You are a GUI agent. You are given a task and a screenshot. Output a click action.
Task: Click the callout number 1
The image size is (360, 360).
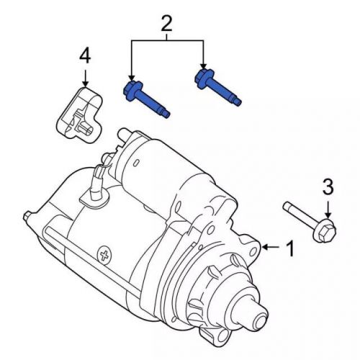tap(290, 249)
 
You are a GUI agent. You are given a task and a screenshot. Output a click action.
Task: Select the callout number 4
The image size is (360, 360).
tap(85, 55)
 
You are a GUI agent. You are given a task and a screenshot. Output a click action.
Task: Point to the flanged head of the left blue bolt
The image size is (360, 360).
tap(133, 91)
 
